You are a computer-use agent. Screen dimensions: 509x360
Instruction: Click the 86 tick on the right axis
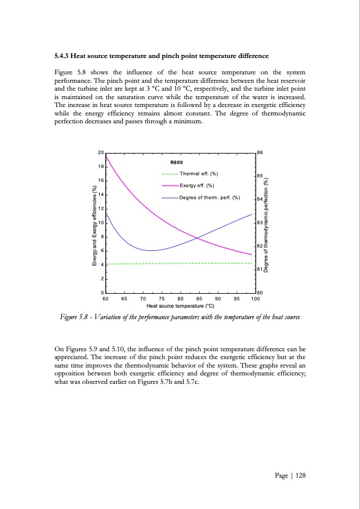tap(261, 152)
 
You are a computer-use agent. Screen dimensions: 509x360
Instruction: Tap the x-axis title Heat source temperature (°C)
tap(180, 306)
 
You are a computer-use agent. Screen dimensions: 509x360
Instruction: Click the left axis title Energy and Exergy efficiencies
tap(94, 224)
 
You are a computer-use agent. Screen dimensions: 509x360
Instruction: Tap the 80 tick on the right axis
tap(261, 293)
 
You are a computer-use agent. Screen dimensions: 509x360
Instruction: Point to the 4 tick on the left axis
tap(102, 265)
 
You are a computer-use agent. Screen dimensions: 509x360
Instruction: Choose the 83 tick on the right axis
tap(261, 223)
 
